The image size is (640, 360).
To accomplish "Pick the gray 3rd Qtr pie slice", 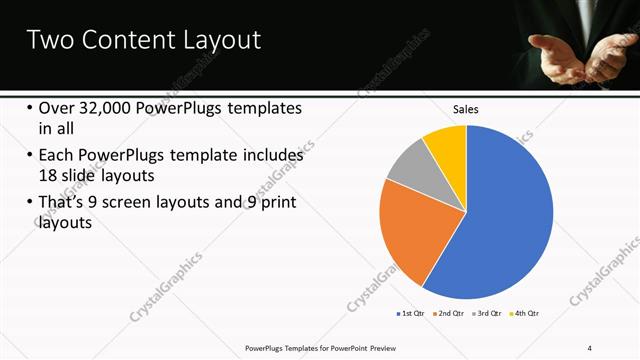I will coord(408,163).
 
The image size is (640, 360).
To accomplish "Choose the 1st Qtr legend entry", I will coord(410,314).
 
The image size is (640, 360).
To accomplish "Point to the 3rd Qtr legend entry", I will coord(486,314).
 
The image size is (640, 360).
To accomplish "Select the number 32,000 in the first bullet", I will coord(109,108).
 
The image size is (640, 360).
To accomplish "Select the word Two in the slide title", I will coord(45,40).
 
